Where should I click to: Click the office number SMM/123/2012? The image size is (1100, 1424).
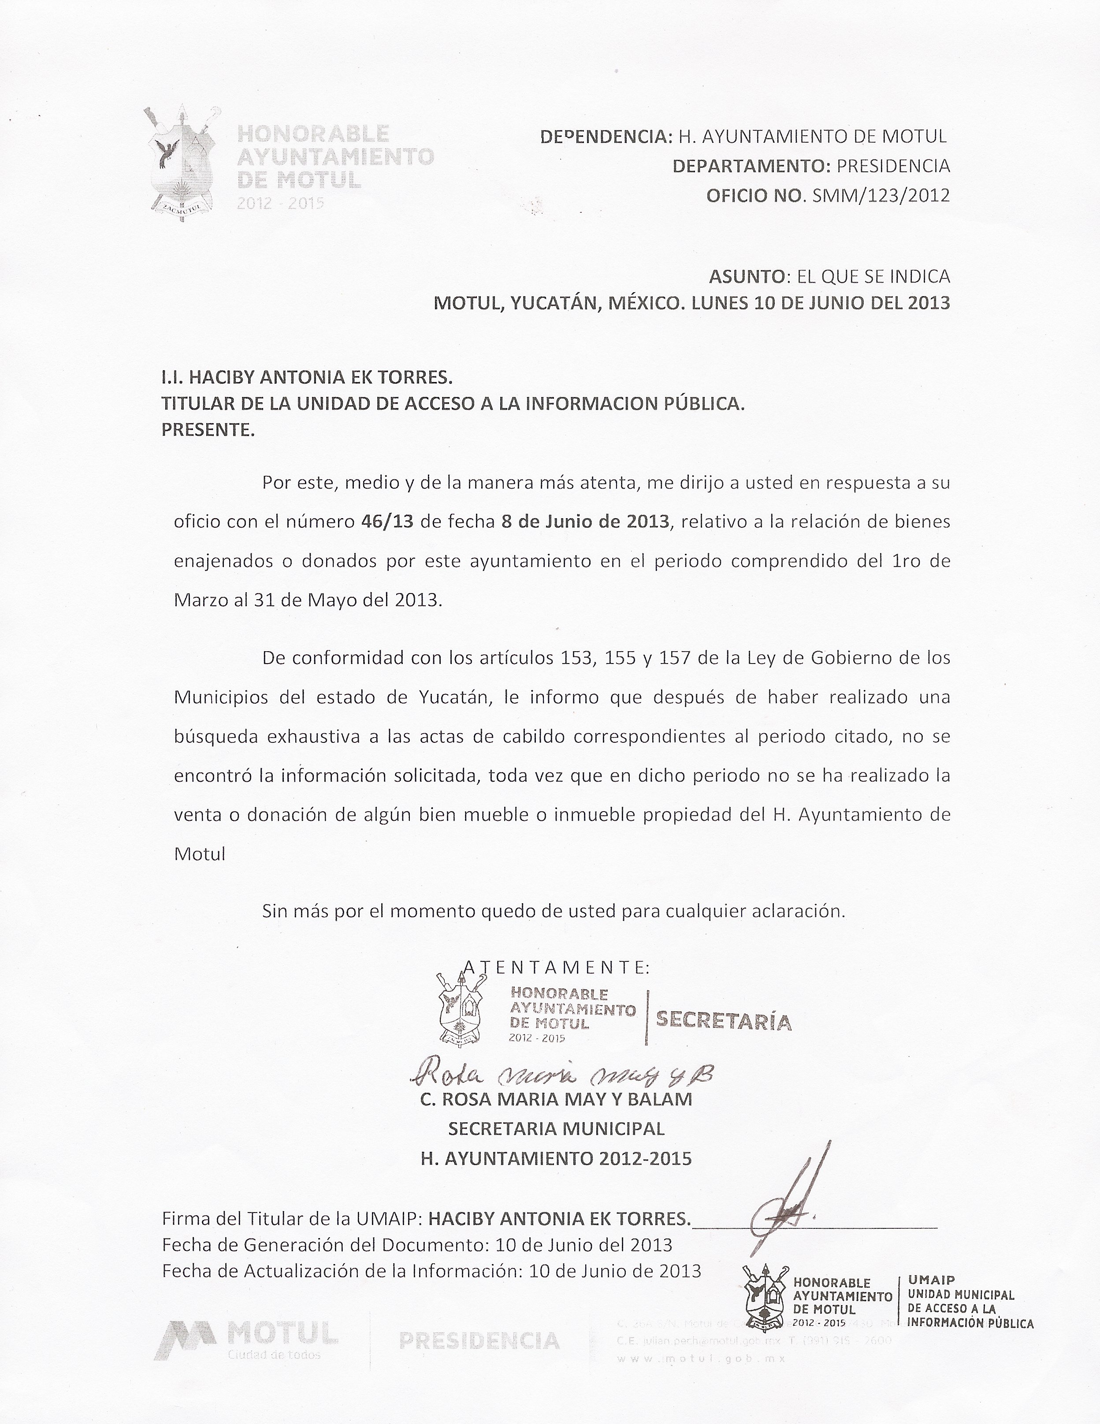pos(881,196)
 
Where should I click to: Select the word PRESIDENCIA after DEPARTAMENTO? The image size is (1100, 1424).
pos(893,166)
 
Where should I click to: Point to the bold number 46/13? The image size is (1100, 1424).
pos(386,522)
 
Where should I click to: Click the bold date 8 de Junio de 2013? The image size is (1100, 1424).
pos(585,522)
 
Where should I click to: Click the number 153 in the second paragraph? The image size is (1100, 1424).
pos(576,657)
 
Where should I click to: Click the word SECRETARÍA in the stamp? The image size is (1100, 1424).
pos(724,1020)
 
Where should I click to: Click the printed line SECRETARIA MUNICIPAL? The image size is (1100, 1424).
pos(556,1129)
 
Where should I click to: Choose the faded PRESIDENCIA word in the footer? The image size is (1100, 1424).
pos(479,1341)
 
